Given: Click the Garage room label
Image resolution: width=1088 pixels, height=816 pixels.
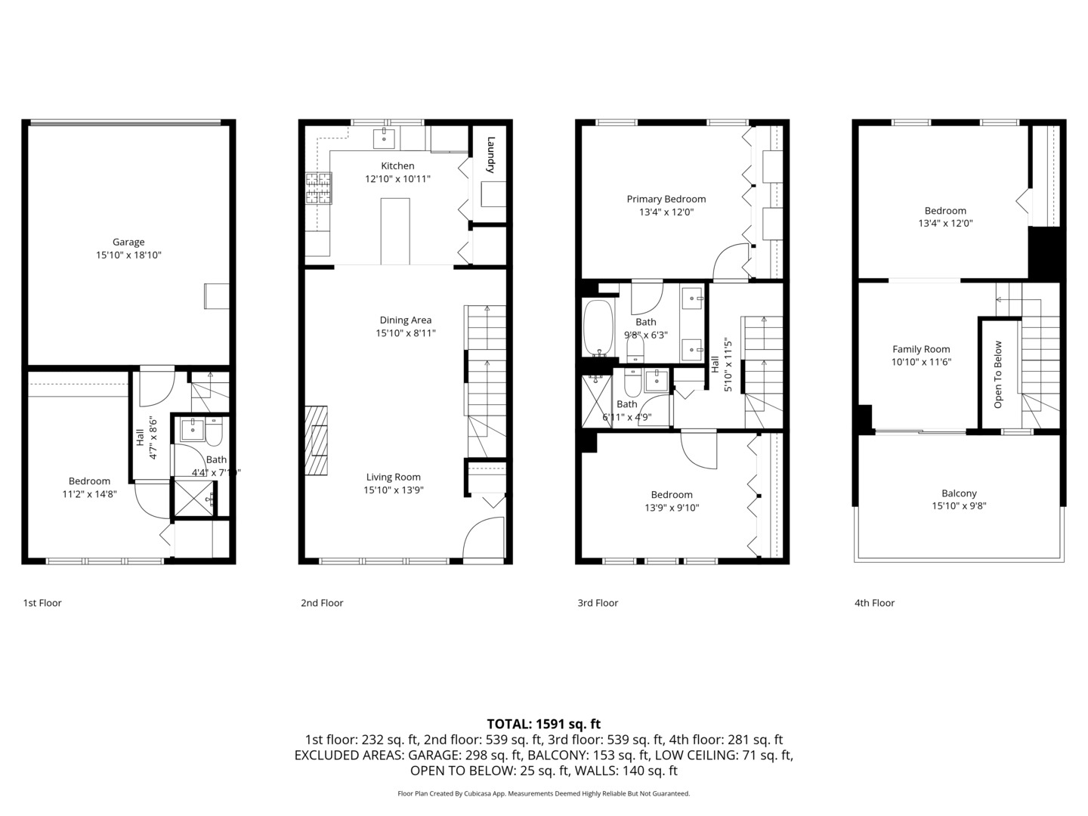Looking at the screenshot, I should (x=128, y=243).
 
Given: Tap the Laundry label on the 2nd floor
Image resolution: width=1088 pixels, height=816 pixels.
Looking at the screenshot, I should (x=490, y=154).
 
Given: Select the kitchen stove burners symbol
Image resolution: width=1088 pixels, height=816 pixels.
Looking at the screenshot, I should (x=318, y=189).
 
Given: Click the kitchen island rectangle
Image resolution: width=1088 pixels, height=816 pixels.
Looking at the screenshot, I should (x=395, y=231).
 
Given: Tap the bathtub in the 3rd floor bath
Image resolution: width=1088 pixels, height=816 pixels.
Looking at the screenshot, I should (x=598, y=329).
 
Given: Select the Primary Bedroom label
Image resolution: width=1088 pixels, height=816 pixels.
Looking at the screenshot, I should (x=666, y=199).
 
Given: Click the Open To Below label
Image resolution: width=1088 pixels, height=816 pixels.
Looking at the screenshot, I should (x=998, y=375).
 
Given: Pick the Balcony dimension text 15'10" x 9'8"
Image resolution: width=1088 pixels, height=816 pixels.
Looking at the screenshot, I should (x=959, y=506).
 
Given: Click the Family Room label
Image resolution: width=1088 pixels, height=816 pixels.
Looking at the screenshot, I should (x=921, y=349).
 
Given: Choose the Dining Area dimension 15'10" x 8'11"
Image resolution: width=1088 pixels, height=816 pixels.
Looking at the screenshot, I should (x=406, y=333).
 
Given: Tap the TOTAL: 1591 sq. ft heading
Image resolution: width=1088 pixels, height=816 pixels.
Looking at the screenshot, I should (x=543, y=724).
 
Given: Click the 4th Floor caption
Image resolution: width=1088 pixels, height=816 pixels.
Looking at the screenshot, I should (x=874, y=603).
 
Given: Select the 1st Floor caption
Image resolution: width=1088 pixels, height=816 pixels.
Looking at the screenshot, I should (x=42, y=603).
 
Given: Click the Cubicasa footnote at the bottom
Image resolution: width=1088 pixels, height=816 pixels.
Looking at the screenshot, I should (x=543, y=793).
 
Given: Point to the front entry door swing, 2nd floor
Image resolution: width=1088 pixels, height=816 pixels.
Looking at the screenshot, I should (x=484, y=538).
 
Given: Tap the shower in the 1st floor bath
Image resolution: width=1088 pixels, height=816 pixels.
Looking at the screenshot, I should (x=194, y=498).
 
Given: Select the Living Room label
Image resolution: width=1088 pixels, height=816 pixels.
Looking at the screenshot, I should (x=393, y=477).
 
